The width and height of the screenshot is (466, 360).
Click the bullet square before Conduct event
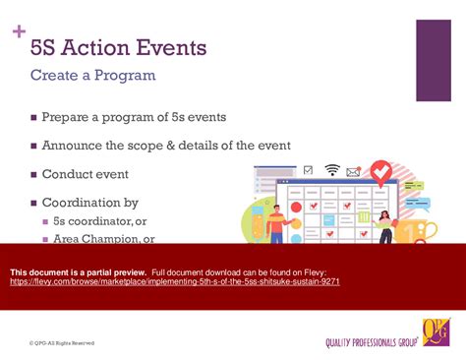(x=33, y=174)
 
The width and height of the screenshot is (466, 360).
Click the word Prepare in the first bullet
(x=69, y=117)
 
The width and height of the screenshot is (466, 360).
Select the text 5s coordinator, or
(x=99, y=221)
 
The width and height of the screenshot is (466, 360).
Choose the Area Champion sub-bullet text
(x=103, y=238)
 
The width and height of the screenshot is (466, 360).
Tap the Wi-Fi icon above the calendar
(x=332, y=170)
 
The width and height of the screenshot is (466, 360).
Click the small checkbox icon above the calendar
(x=309, y=170)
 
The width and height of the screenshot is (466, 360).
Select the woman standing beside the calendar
(x=384, y=226)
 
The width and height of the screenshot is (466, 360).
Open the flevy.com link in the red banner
(x=174, y=281)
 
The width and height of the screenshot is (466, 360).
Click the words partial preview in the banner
(x=116, y=270)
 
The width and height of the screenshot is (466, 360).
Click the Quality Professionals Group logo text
(x=373, y=342)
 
